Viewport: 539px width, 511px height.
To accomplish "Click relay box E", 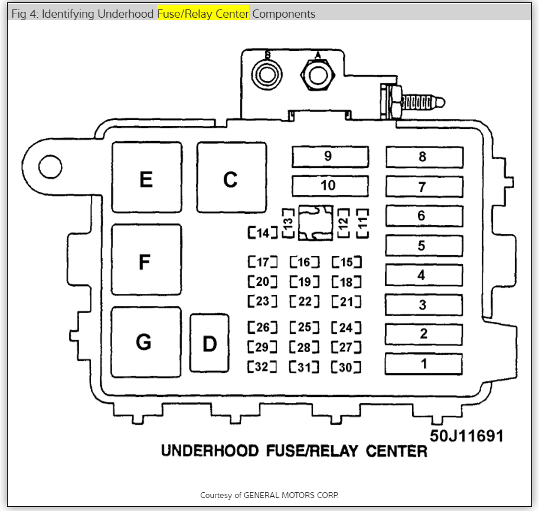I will pos(146,177).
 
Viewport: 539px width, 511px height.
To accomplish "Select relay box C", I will pos(231,177).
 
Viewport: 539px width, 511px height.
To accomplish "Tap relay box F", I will pos(146,260).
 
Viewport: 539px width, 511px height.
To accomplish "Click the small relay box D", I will pos(210,343).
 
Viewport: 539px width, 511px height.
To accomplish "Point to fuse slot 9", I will pos(330,157).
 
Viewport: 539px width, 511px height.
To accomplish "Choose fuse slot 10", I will pos(330,185).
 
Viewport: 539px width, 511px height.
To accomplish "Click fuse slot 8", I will pos(424,157).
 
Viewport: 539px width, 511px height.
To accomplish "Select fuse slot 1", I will pos(424,363).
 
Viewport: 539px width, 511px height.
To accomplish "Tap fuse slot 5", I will pos(424,245).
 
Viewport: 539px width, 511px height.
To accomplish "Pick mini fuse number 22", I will pos(305,301).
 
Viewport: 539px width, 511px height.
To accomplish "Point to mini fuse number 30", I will pos(346,367).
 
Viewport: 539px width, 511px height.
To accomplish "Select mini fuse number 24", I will pos(346,327).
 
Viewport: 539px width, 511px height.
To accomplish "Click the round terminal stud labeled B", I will pos(267,74).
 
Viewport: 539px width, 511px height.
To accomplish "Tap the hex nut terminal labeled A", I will pos(318,75).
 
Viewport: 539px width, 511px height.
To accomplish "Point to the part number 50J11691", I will pos(466,436).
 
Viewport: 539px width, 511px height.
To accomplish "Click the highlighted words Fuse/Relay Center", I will pos(203,14).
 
